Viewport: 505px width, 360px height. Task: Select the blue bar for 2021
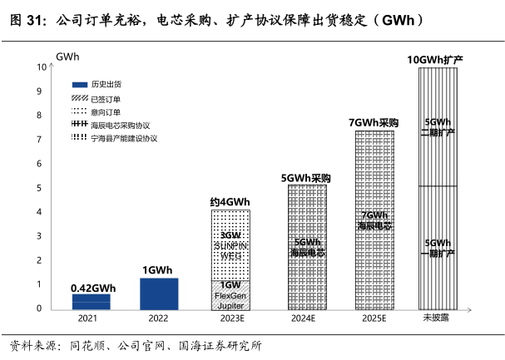pyautogui.click(x=91, y=301)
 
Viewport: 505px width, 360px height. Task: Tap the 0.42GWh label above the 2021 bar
pyautogui.click(x=92, y=288)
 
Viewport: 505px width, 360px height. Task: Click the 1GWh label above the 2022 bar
pyautogui.click(x=157, y=270)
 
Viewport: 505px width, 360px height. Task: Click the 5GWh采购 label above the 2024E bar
pyautogui.click(x=305, y=178)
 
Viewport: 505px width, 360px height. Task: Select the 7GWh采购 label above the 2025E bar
pyautogui.click(x=374, y=123)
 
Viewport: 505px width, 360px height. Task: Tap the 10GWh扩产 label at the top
pyautogui.click(x=435, y=60)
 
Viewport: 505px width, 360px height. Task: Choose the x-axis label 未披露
pyautogui.click(x=435, y=318)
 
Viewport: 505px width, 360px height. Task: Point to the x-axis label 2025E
pyautogui.click(x=374, y=318)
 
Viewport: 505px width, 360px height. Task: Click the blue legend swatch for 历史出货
pyautogui.click(x=80, y=85)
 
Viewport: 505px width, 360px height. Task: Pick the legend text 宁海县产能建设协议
pyautogui.click(x=125, y=137)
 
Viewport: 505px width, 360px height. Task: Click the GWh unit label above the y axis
pyautogui.click(x=67, y=55)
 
